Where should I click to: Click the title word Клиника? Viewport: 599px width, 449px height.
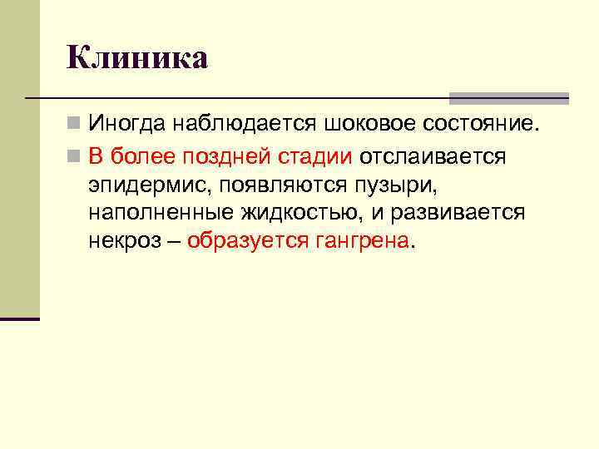[x=137, y=58]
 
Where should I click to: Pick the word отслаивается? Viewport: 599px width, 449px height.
[x=432, y=156]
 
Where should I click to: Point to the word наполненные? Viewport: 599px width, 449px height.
[x=157, y=213]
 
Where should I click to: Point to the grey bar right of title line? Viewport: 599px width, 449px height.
[x=508, y=97]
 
